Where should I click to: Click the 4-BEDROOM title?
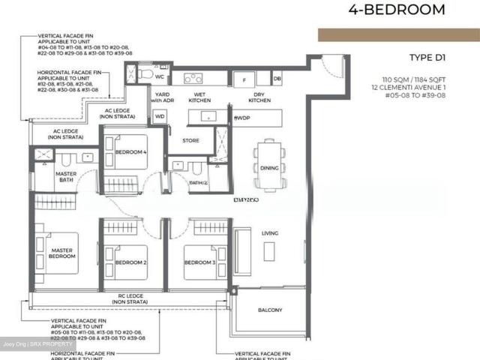[397, 10]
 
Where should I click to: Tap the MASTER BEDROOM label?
[61, 253]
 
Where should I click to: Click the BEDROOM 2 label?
[130, 262]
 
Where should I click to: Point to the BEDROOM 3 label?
[200, 262]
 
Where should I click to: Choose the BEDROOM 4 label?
[130, 153]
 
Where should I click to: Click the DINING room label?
[269, 168]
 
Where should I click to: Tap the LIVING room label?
[270, 234]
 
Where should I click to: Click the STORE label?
[190, 139]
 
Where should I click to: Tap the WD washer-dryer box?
[160, 117]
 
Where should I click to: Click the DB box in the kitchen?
[277, 79]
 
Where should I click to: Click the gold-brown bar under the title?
[398, 35]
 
